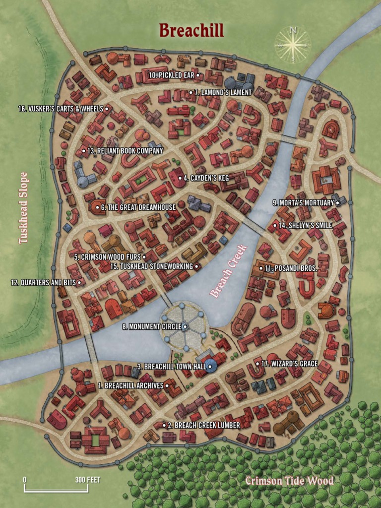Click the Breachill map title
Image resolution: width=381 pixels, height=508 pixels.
[x=191, y=31]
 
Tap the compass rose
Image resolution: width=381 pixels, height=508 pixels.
[x=293, y=45]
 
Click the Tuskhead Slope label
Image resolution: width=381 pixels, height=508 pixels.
[x=23, y=208]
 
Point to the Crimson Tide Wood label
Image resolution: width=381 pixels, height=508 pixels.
[x=289, y=480]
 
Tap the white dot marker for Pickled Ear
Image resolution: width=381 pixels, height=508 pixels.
[x=197, y=75]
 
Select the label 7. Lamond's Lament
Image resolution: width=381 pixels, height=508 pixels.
[x=223, y=92]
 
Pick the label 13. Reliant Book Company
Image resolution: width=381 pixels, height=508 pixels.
[x=125, y=151]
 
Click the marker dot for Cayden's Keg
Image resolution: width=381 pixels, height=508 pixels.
[x=180, y=178]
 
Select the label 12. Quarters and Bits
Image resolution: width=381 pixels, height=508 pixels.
[x=43, y=282]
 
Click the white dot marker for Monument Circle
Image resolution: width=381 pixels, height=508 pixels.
[x=185, y=326]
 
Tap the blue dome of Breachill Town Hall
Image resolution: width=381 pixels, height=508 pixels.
[x=210, y=367]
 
